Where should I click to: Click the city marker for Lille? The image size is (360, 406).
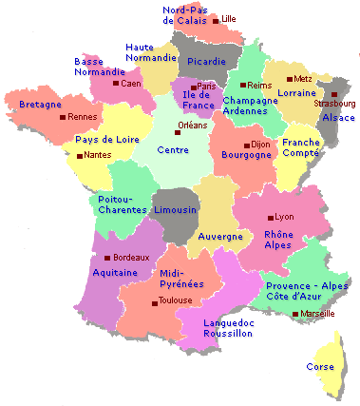216,18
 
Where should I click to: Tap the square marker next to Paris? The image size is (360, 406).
193,87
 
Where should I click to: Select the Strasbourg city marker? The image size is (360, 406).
333,93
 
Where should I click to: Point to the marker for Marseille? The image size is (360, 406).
295,314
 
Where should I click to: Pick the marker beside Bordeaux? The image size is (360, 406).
107,258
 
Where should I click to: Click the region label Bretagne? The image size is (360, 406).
40,104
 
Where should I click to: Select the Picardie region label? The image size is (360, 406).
207,62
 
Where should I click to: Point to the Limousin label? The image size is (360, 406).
175,209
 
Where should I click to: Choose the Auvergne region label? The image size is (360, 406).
220,236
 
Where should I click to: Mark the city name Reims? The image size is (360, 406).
258,86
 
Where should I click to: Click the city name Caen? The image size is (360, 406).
130,84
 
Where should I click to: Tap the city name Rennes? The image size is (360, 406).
84,117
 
